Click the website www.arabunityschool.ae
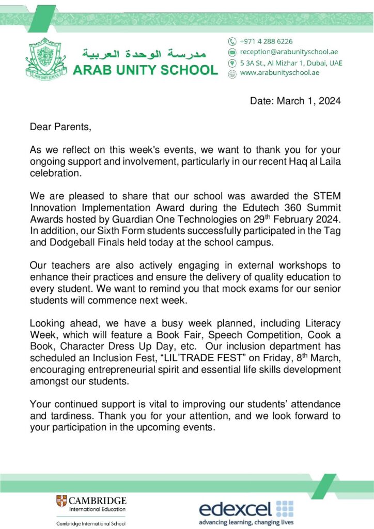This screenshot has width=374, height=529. tap(279, 73)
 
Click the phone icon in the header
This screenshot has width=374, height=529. tap(232, 41)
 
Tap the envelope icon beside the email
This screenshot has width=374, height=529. tap(232, 52)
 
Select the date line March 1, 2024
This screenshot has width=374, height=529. tap(295, 101)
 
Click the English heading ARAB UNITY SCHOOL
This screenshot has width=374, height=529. tap(145, 70)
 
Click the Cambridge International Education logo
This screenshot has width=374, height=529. tap(91, 504)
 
